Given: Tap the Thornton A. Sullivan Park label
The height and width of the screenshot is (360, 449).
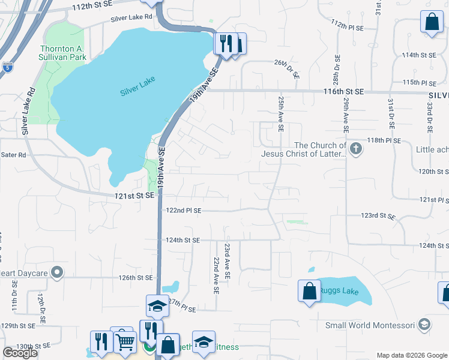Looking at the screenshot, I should (63, 53).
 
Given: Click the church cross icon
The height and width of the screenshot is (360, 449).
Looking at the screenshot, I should (356, 149).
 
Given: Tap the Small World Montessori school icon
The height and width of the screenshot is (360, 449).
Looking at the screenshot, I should (424, 325).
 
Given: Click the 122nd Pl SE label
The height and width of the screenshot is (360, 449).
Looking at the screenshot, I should (184, 211).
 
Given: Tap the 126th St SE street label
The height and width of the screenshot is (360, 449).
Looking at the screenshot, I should (136, 278).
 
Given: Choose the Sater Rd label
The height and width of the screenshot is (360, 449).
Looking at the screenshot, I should (14, 155).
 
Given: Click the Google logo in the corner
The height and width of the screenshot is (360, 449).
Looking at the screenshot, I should (20, 353).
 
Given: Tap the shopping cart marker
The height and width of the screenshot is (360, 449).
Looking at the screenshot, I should (125, 341).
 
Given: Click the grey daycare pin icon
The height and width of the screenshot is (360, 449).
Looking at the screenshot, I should (57, 272).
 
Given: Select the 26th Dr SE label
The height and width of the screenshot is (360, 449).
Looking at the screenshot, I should (286, 69).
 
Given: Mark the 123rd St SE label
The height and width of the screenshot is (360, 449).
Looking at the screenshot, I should (378, 215).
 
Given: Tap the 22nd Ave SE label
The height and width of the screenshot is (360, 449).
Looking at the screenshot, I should (215, 274).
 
